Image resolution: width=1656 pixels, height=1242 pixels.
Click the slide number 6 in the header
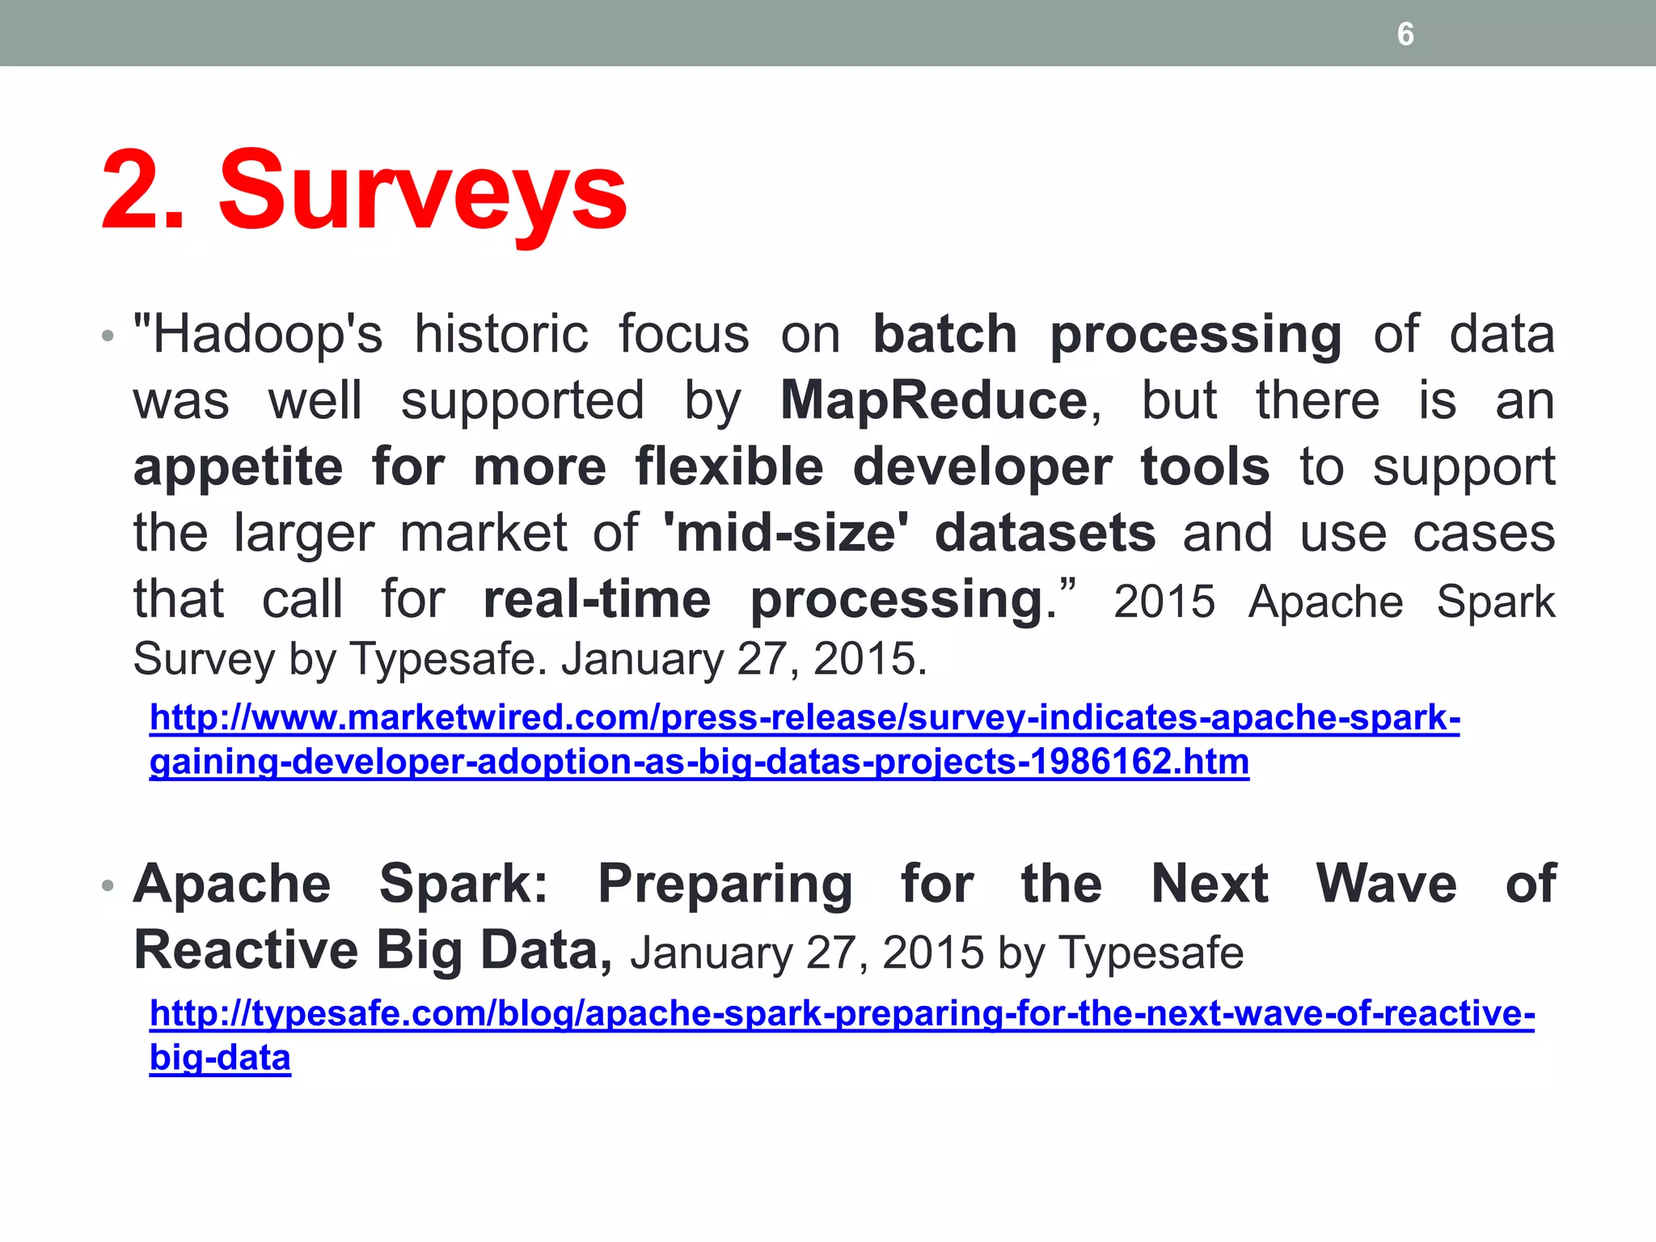pyautogui.click(x=1405, y=34)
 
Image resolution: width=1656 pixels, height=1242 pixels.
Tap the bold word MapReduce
pyautogui.click(x=934, y=400)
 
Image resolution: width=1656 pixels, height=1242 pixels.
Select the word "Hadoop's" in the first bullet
pyautogui.click(x=258, y=334)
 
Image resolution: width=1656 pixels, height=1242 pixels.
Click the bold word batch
pyautogui.click(x=944, y=334)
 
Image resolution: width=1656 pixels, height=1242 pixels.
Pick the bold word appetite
pyautogui.click(x=239, y=467)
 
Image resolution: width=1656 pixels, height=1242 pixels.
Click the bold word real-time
pyautogui.click(x=597, y=599)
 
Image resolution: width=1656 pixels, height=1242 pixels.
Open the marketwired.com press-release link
pyautogui.click(x=805, y=718)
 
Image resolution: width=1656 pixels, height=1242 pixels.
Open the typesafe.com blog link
pyautogui.click(x=842, y=1013)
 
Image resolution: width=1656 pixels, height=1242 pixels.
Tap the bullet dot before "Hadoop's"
pyautogui.click(x=108, y=336)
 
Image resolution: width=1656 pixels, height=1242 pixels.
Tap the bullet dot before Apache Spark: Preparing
pyautogui.click(x=108, y=885)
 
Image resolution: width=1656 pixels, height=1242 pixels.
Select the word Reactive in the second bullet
pyautogui.click(x=246, y=950)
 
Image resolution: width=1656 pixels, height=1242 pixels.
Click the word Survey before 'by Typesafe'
pyautogui.click(x=204, y=659)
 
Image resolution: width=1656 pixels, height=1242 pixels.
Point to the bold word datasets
pyautogui.click(x=1045, y=533)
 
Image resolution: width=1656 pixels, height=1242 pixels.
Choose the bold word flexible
pyautogui.click(x=729, y=467)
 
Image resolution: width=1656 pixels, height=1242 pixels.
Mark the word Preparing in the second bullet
pyautogui.click(x=725, y=885)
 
